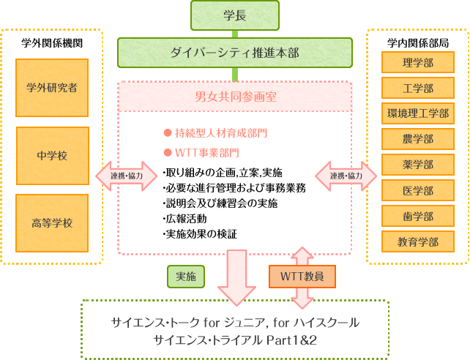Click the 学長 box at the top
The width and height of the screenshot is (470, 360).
pyautogui.click(x=234, y=15)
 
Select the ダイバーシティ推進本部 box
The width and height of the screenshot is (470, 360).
pyautogui.click(x=234, y=53)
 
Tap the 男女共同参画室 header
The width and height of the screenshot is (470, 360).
pyautogui.click(x=235, y=96)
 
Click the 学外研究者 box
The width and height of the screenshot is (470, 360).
pyautogui.click(x=52, y=89)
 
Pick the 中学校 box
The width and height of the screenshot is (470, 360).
pyautogui.click(x=52, y=155)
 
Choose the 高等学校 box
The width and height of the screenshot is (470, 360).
pyautogui.click(x=52, y=222)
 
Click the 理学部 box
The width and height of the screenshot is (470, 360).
pyautogui.click(x=417, y=63)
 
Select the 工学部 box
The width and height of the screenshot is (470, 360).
pyautogui.click(x=417, y=89)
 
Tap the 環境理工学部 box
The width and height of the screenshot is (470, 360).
pyautogui.click(x=417, y=113)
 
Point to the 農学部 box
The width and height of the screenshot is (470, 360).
pyautogui.click(x=417, y=139)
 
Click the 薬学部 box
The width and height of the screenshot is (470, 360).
pyautogui.click(x=417, y=165)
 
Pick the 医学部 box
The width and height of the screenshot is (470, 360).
pyautogui.click(x=417, y=190)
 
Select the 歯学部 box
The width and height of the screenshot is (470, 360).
pyautogui.click(x=417, y=216)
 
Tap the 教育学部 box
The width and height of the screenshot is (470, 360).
pyautogui.click(x=417, y=241)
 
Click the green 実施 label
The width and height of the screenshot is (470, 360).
pyautogui.click(x=185, y=277)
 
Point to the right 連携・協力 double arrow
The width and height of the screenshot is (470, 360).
pyautogui.click(x=346, y=176)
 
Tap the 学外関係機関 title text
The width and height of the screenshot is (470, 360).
pyautogui.click(x=52, y=42)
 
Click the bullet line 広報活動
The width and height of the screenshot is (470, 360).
pyautogui.click(x=186, y=218)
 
